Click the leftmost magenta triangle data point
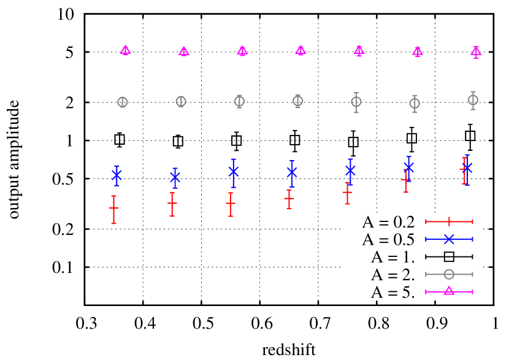click(x=125, y=50)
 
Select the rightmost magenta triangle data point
click(x=476, y=52)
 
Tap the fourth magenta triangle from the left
click(x=300, y=51)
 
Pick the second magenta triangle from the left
click(x=184, y=52)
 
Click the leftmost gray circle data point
click(x=123, y=102)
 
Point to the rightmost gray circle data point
click(x=473, y=99)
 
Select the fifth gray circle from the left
click(x=356, y=102)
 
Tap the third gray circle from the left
click(x=239, y=101)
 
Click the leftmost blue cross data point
click(x=117, y=175)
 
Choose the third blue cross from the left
click(x=234, y=171)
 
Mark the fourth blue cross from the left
click(x=292, y=172)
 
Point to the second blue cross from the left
click(x=175, y=178)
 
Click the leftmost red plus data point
click(x=113, y=209)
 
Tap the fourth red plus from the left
click(x=289, y=199)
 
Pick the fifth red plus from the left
click(x=348, y=193)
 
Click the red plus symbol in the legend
click(x=449, y=221)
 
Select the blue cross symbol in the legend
click(x=449, y=239)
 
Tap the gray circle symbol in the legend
click(x=449, y=274)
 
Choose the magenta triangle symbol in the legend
click(x=449, y=291)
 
